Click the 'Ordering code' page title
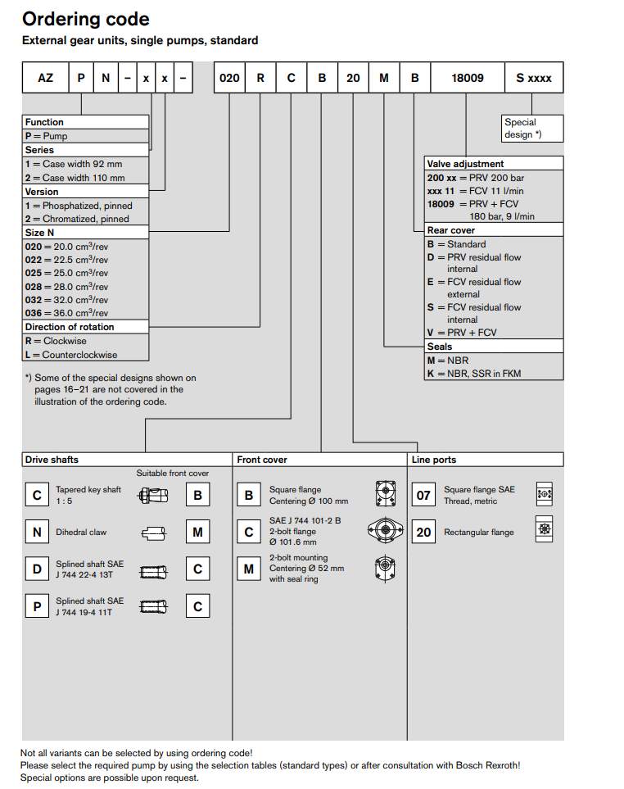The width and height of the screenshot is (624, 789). [85, 18]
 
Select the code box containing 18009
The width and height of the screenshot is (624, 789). [468, 78]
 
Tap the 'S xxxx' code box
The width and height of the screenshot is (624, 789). [533, 78]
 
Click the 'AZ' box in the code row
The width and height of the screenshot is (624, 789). [45, 78]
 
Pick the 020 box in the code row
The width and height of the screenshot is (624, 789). [230, 78]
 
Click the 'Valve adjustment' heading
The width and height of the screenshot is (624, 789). [466, 163]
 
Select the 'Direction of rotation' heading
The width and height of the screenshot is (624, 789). [70, 327]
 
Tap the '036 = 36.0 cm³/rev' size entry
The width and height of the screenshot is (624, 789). [67, 313]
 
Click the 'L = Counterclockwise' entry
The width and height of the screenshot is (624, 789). [71, 355]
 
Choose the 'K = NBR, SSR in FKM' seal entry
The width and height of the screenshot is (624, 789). [474, 373]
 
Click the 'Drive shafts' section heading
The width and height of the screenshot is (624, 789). [52, 460]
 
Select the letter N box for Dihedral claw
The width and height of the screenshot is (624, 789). [37, 533]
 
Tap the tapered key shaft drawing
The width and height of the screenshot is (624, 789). [154, 495]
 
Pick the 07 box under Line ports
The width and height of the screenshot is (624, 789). [423, 495]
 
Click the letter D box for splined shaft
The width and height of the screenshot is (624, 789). [37, 569]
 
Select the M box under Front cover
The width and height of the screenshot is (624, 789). [249, 569]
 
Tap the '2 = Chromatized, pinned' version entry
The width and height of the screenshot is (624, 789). [79, 219]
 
